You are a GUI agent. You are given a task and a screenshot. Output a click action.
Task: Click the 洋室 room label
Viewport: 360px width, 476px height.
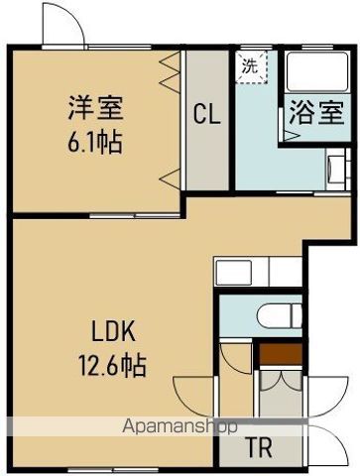pyautogui.click(x=95, y=108)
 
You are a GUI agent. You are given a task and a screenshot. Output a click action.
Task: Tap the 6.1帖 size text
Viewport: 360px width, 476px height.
pyautogui.click(x=95, y=142)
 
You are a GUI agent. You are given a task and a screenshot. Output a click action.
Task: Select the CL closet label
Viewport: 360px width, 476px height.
pyautogui.click(x=206, y=114)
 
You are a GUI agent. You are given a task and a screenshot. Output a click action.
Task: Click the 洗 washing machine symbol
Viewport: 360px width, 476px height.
pyautogui.click(x=253, y=67)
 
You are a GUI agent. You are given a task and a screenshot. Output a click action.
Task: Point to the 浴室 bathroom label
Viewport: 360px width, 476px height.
pyautogui.click(x=316, y=112)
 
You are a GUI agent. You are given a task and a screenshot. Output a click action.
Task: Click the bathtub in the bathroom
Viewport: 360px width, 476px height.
pyautogui.click(x=317, y=71)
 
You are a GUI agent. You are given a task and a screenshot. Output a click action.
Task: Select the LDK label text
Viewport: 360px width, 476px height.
pyautogui.click(x=113, y=331)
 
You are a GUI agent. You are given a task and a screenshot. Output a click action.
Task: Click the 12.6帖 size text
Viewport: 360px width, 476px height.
pyautogui.click(x=112, y=366)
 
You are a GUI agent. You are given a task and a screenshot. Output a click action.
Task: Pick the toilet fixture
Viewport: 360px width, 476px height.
pyautogui.click(x=280, y=316)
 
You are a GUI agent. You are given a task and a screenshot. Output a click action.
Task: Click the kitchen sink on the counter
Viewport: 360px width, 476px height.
pyautogui.click(x=233, y=273)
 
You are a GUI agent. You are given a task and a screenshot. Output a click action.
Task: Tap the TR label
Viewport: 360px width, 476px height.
pyautogui.click(x=260, y=447)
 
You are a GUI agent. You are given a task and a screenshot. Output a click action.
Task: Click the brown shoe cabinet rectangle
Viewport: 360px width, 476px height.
pyautogui.click(x=281, y=354)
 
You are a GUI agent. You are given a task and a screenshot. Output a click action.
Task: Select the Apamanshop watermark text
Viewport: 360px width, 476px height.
pyautogui.click(x=180, y=426)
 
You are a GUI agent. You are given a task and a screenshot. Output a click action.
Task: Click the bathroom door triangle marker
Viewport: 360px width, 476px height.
pyautogui.click(x=292, y=136)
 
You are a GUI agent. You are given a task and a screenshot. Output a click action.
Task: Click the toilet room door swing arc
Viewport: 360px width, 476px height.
pyautogui.click(x=237, y=360)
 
